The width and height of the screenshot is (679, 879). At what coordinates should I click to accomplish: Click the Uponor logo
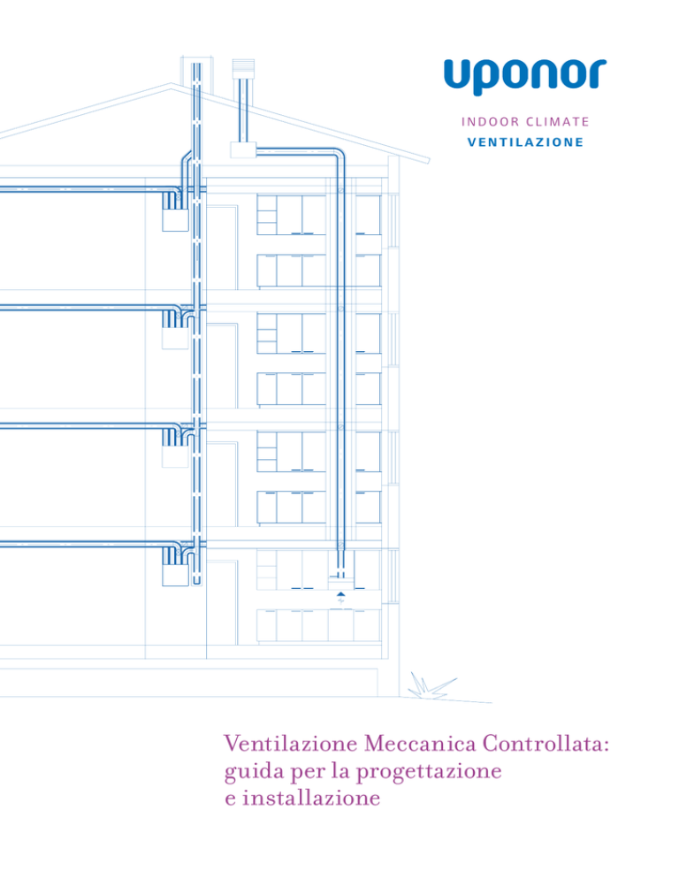point(525,76)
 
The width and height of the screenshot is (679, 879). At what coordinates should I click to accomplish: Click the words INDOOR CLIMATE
point(525,122)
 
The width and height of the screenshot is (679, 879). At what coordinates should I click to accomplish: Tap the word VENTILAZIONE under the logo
point(525,142)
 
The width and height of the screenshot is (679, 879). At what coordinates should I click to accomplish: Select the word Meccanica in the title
point(420,744)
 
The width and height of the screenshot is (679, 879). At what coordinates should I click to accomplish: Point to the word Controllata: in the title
point(545,744)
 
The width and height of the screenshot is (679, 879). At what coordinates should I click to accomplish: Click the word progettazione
point(429,772)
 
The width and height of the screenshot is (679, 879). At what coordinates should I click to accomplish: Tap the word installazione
point(311,797)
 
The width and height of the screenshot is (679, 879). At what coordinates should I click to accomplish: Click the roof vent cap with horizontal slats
point(243,68)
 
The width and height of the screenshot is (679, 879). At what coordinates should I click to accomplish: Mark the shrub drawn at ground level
point(431,686)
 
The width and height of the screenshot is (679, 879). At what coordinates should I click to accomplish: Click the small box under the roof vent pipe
point(243,149)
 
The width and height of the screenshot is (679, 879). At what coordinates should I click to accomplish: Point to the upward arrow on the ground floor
point(341,593)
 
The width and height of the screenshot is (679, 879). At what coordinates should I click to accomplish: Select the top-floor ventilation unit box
point(175,219)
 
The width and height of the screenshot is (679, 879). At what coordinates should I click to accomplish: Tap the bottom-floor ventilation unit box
point(175,575)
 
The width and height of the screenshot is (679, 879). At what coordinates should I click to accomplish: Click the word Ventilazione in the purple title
point(291,744)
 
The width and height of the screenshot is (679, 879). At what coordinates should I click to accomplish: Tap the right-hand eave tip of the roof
point(429,160)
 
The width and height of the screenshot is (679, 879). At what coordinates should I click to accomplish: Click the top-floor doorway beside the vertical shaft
point(222,248)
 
